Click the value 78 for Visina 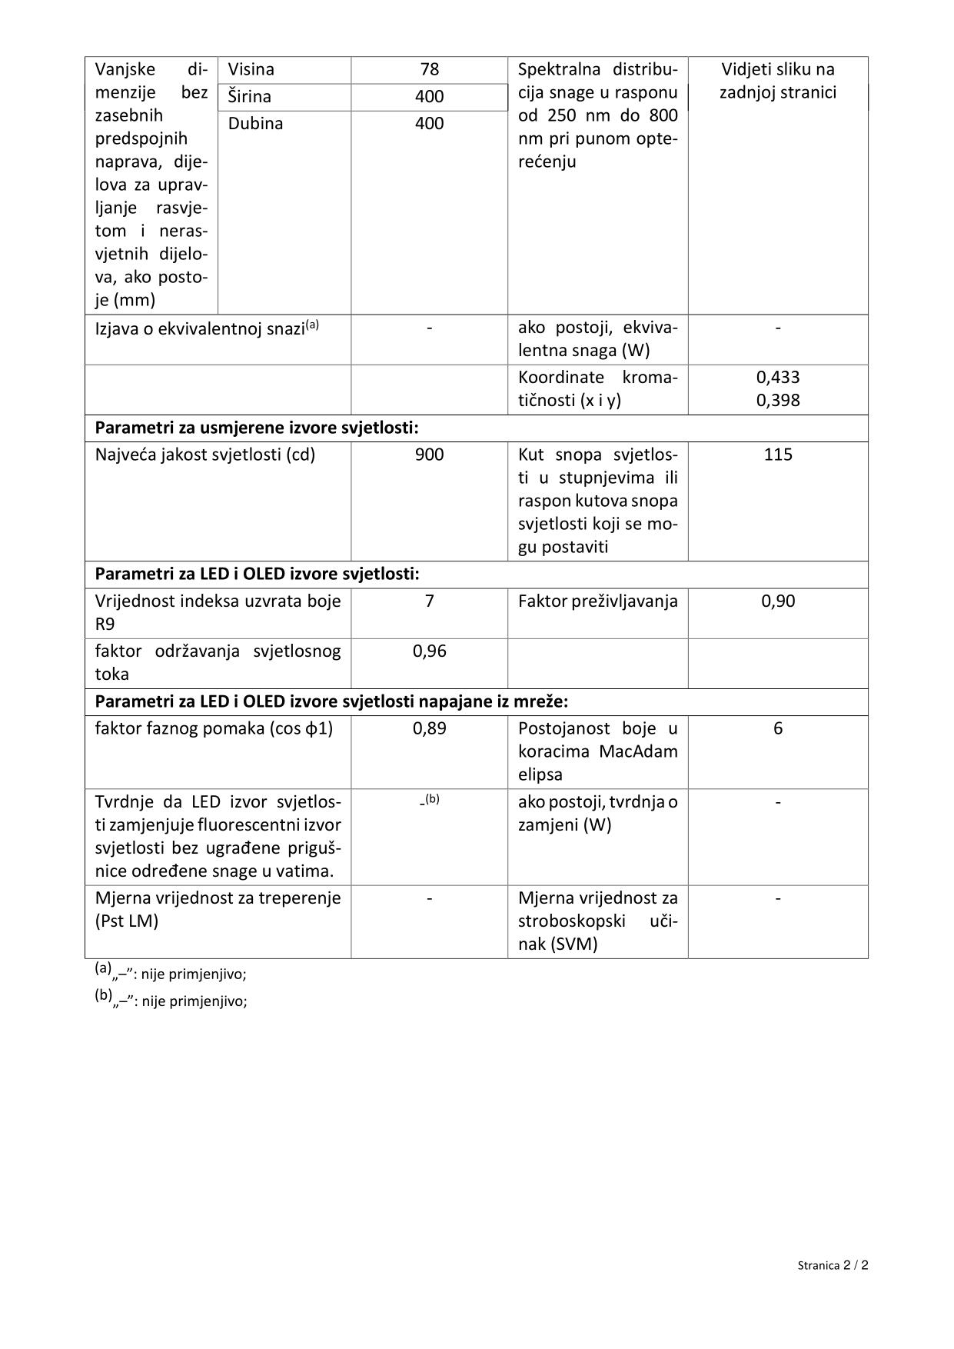click(x=429, y=69)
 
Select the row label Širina click(x=250, y=97)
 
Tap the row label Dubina click(x=255, y=124)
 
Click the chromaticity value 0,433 click(x=778, y=378)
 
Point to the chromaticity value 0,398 click(x=778, y=401)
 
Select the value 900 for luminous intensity click(x=429, y=455)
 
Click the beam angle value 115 click(x=778, y=455)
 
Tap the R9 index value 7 click(x=429, y=601)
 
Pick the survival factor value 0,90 click(x=778, y=601)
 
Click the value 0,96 click(x=429, y=651)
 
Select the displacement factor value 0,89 click(x=429, y=728)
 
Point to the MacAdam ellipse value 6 click(x=778, y=728)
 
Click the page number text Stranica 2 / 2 click(x=833, y=1265)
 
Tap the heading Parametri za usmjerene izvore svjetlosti click(x=257, y=428)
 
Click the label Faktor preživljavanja click(x=597, y=601)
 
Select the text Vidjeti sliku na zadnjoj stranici click(x=778, y=81)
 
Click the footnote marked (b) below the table click(x=171, y=1001)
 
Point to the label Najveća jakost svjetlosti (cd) click(x=205, y=455)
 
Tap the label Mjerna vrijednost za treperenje click(x=218, y=898)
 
